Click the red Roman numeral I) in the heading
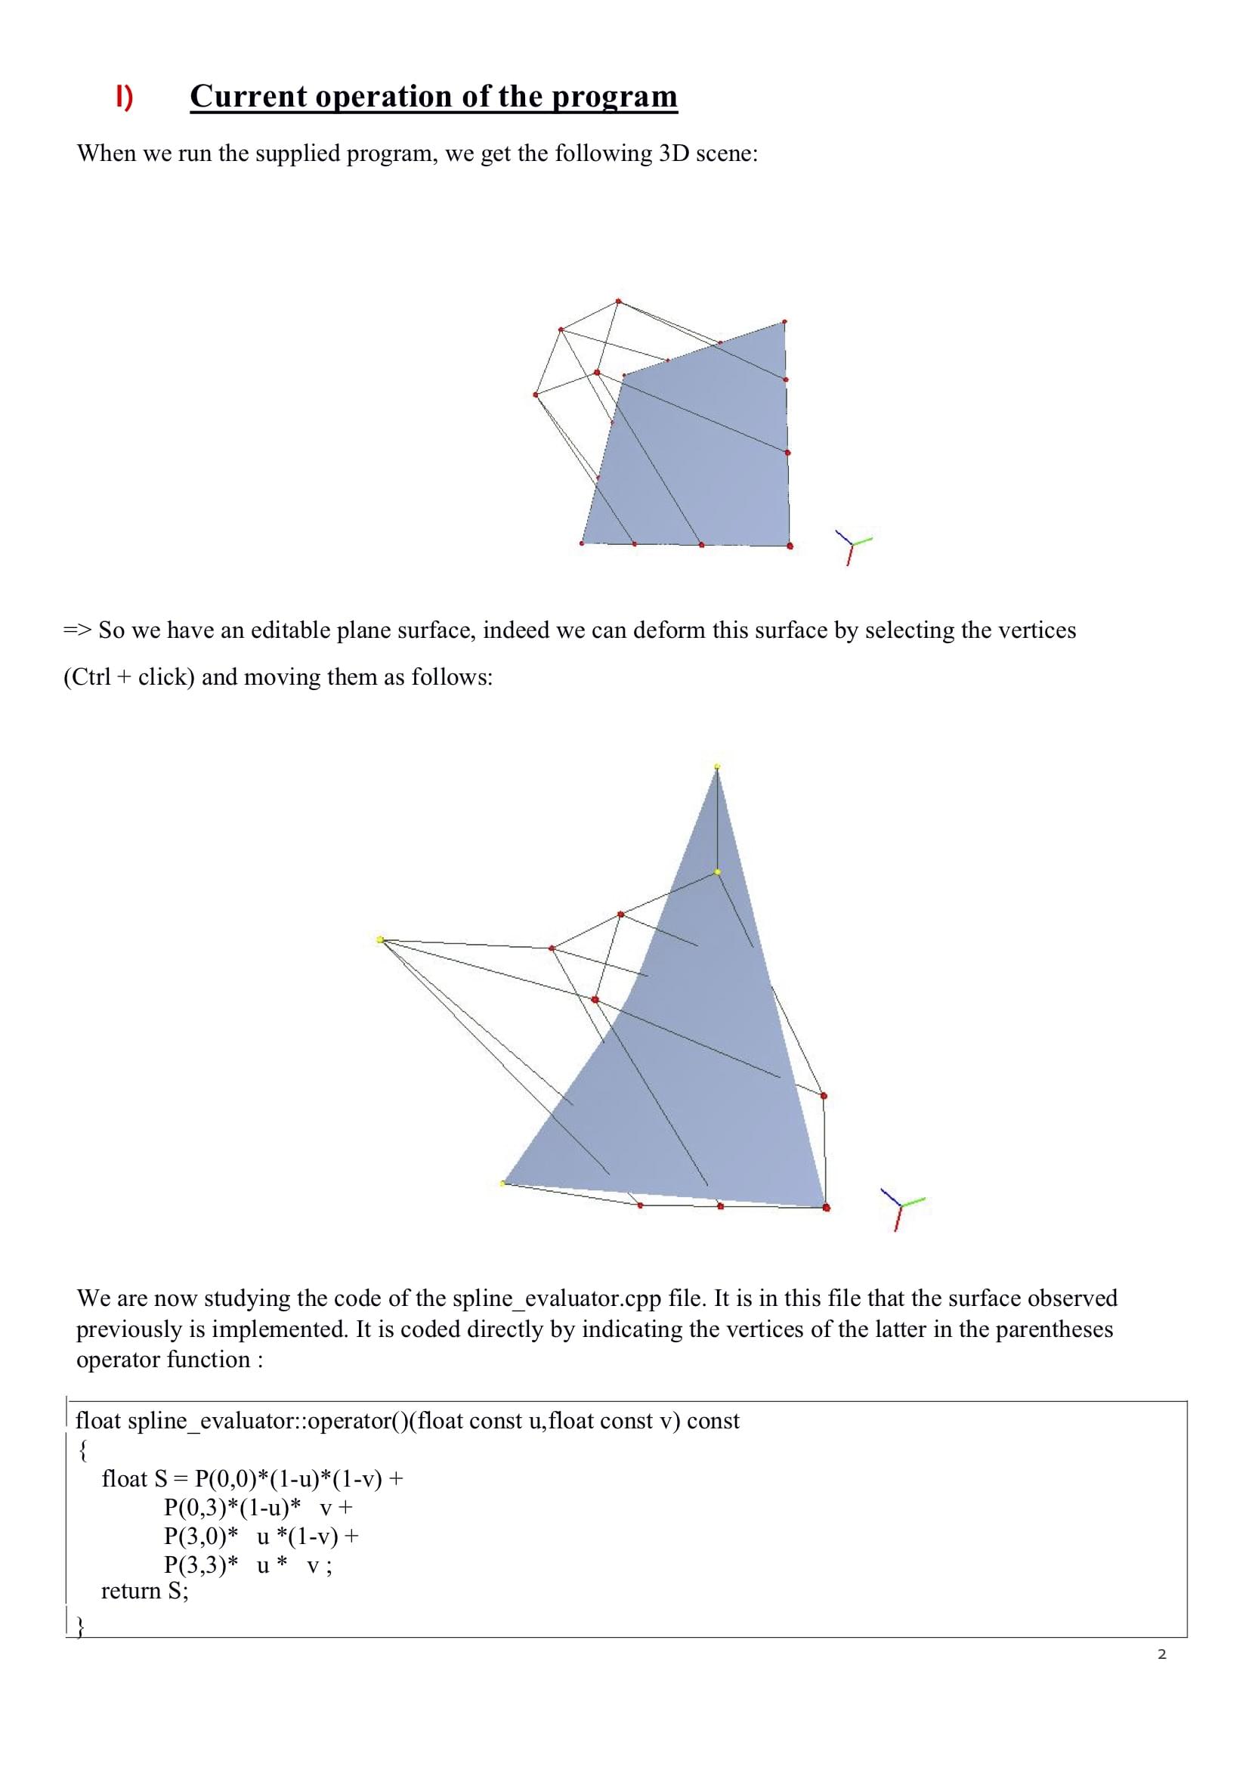(124, 97)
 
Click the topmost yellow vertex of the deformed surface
(717, 766)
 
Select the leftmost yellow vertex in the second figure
(380, 939)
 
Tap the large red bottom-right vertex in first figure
(790, 546)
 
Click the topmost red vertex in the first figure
(618, 301)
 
